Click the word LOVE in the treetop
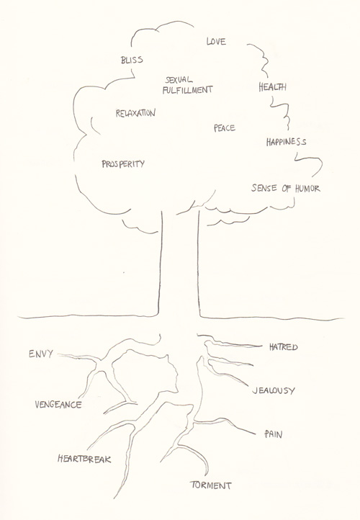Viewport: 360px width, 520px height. [x=216, y=41]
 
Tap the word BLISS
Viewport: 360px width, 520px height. [x=132, y=60]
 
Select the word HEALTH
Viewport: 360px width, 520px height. [x=272, y=87]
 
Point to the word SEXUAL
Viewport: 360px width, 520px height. [x=179, y=80]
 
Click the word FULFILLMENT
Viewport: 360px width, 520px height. [x=187, y=89]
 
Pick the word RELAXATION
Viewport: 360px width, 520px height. [x=135, y=113]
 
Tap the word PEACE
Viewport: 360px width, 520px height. [x=225, y=127]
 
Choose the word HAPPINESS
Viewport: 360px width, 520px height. [x=286, y=142]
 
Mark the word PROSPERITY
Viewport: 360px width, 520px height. [x=123, y=163]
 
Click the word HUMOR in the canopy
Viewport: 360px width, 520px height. [x=307, y=189]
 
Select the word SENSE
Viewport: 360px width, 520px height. [x=264, y=188]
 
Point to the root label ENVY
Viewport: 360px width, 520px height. [x=41, y=354]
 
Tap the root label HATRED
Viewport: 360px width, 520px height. [x=284, y=347]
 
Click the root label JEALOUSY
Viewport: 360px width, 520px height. [x=274, y=390]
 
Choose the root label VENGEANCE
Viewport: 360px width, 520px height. [x=58, y=405]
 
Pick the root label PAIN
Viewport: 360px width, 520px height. [x=274, y=434]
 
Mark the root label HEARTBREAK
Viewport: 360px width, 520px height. [x=84, y=459]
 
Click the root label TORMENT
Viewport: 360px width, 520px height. [x=211, y=485]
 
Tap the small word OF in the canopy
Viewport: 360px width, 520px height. [x=286, y=189]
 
